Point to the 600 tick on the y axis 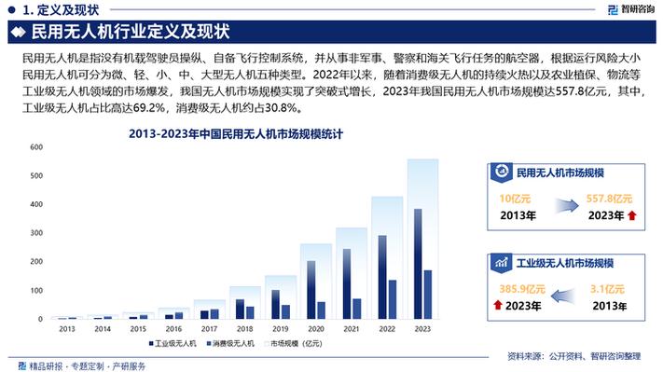coord(38,147)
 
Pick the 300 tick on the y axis coord(38,233)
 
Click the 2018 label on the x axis coord(245,329)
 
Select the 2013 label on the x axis coord(68,329)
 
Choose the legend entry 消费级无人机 coord(232,343)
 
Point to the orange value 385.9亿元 coord(521,288)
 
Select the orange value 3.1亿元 coord(608,288)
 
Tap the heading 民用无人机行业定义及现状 coord(130,34)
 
